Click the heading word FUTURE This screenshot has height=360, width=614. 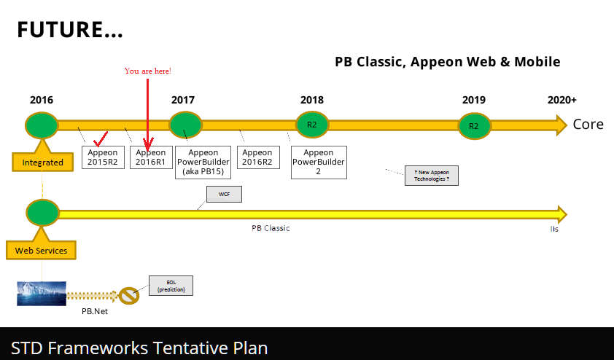pos(69,30)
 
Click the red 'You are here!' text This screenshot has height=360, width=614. pos(148,71)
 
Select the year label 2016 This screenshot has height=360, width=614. pos(42,101)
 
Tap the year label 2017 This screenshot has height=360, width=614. pos(183,101)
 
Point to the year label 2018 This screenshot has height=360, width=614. pos(312,101)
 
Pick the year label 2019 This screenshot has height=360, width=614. pos(474,101)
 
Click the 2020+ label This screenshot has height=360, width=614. pos(561,101)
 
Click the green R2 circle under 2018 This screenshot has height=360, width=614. pos(312,125)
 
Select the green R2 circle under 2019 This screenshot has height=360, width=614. pos(474,126)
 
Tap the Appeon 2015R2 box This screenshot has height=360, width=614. pos(103,157)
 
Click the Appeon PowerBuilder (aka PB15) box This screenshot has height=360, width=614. pos(204,162)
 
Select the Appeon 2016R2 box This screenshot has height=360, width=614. pos(257,157)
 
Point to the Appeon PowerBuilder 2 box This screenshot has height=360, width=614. pos(319,162)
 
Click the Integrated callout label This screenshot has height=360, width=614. pos(43,162)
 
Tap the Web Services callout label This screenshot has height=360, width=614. pos(42,251)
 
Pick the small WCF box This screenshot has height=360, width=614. pos(224,195)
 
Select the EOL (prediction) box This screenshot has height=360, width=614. pos(171,286)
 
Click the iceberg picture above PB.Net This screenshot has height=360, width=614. pos(42,293)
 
